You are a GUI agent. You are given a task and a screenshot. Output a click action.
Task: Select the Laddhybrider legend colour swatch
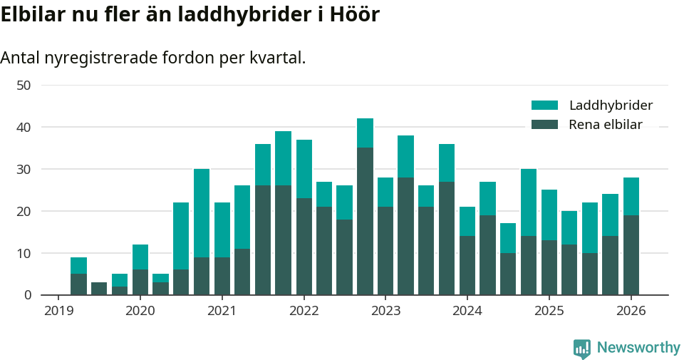click(x=544, y=106)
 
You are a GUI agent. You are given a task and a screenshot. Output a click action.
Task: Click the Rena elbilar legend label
click(x=606, y=125)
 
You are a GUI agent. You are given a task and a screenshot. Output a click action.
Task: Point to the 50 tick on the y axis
click(x=24, y=86)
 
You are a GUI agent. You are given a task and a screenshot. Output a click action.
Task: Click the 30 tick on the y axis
click(x=24, y=170)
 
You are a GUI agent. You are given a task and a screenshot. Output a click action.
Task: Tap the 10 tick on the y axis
click(x=24, y=253)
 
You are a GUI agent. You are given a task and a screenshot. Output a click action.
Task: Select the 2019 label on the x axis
click(x=58, y=311)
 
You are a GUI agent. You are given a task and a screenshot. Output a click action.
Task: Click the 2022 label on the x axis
click(x=304, y=311)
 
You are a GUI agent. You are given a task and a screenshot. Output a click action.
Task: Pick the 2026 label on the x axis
click(x=631, y=311)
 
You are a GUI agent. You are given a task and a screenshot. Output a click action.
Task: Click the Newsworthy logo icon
click(x=582, y=348)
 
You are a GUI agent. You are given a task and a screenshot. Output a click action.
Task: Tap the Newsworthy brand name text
click(x=638, y=348)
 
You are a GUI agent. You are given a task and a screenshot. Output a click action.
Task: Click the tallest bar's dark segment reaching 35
click(x=365, y=221)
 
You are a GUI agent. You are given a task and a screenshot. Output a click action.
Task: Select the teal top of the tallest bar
click(x=365, y=133)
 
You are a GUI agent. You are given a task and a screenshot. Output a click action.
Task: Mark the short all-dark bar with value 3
click(x=99, y=289)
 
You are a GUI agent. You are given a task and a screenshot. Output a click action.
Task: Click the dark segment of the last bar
click(x=631, y=255)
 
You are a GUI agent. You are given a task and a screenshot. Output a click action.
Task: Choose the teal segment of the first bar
click(x=78, y=265)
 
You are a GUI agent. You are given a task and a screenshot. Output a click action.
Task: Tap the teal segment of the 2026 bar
click(x=631, y=196)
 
